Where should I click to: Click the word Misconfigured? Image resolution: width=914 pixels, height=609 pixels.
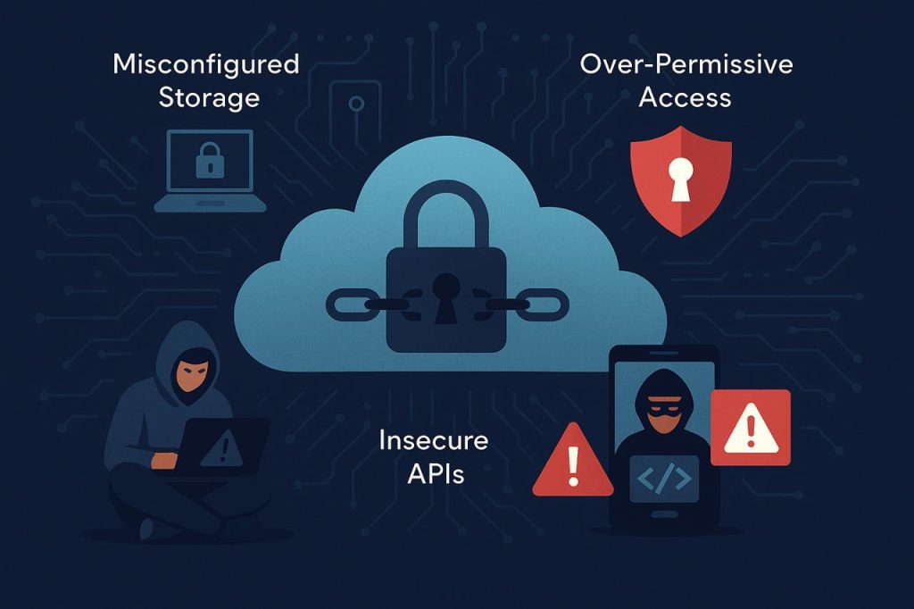pos(206,65)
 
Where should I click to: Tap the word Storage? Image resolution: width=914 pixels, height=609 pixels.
pos(209,97)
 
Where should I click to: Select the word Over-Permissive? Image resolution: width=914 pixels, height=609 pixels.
pos(686,63)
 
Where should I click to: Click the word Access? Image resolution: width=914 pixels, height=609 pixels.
pos(685,97)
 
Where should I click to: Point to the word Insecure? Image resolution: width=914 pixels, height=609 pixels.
pos(433,440)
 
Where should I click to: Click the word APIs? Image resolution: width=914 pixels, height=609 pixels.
pos(436,473)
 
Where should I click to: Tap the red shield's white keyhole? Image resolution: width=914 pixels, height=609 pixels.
pos(681,178)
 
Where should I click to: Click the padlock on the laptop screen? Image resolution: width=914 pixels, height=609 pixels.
pos(210,160)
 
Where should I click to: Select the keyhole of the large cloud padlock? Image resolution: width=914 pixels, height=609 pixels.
pos(446,297)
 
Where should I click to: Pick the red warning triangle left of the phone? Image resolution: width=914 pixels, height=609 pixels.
pos(573,460)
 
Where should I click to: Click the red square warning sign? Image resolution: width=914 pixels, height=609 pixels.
pos(751,428)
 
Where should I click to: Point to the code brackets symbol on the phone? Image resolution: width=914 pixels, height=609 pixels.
pos(664,479)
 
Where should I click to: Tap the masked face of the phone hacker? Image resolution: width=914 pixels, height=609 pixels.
pos(664,413)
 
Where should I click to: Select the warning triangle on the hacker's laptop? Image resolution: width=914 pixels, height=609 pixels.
pos(222,448)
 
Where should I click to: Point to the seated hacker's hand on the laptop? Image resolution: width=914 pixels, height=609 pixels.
pos(164,460)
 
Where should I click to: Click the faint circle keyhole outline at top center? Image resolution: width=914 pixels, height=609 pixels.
pos(356,104)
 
